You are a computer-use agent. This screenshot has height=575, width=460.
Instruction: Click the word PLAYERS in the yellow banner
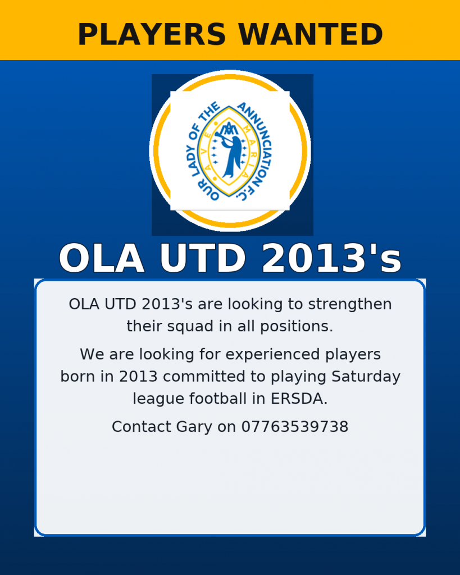pos(152,34)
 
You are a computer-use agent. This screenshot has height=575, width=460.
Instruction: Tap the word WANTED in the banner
pos(311,34)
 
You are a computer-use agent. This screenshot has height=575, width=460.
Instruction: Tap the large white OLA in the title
pos(102,258)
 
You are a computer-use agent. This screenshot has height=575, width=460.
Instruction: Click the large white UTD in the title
pos(203,258)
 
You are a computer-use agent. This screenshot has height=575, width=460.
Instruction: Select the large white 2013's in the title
pos(331,258)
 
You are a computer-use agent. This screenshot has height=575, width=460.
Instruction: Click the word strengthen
pos(350,304)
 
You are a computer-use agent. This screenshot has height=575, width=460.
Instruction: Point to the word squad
pos(190,326)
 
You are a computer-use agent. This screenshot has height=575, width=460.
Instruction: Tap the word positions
pos(297,326)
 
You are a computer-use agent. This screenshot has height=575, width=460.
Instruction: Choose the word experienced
pos(273,355)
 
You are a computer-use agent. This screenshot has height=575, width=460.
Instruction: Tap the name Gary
pos(194,427)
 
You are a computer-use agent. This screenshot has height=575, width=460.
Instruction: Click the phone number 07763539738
pos(294,427)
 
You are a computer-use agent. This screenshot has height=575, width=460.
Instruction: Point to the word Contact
pos(142,427)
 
